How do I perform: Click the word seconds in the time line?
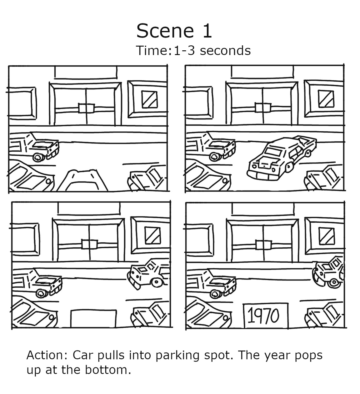(225, 51)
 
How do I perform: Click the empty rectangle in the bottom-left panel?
(94, 318)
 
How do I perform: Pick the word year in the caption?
(277, 356)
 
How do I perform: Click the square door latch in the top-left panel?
(86, 108)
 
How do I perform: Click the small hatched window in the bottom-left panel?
(152, 235)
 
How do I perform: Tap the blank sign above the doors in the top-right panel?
(262, 72)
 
